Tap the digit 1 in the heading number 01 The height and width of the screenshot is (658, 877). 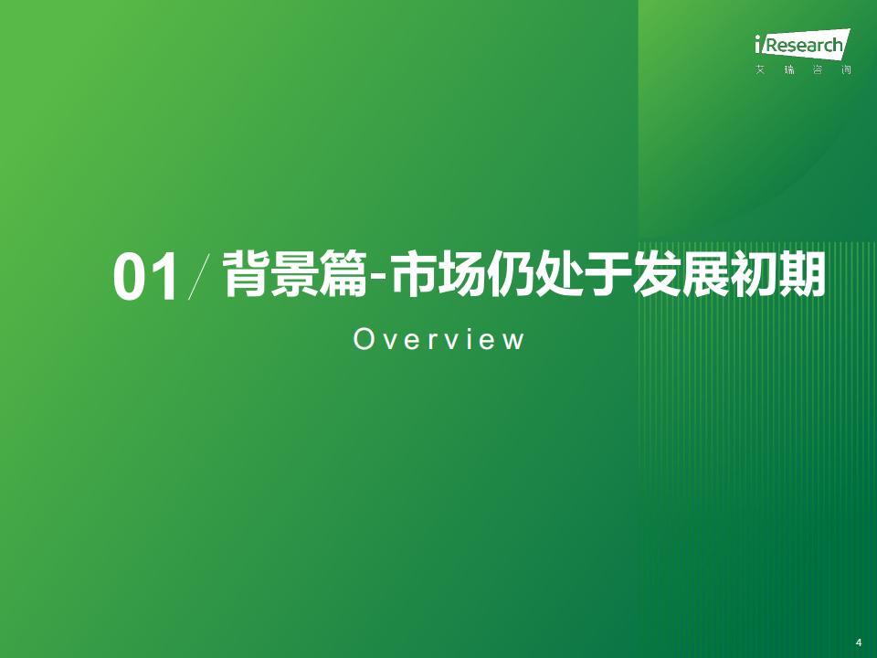click(166, 278)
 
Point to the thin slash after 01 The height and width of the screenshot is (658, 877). click(200, 276)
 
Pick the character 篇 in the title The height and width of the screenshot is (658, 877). click(343, 274)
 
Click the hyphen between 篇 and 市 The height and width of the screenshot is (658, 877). click(377, 278)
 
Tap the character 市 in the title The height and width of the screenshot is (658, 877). click(413, 274)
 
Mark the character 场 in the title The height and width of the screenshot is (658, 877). click(460, 274)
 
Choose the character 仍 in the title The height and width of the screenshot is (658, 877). click(510, 274)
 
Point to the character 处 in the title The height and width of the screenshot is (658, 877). click(558, 274)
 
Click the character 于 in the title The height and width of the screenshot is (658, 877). click(607, 274)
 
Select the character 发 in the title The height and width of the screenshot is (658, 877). click(656, 274)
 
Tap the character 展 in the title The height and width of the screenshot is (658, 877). click(704, 274)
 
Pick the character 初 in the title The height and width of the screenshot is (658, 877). click(753, 274)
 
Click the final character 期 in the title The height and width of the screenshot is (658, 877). click(801, 274)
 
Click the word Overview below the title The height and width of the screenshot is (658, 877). click(439, 339)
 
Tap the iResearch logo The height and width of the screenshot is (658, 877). click(802, 44)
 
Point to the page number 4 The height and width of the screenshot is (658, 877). click(859, 642)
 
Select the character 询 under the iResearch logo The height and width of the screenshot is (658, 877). click(846, 70)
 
